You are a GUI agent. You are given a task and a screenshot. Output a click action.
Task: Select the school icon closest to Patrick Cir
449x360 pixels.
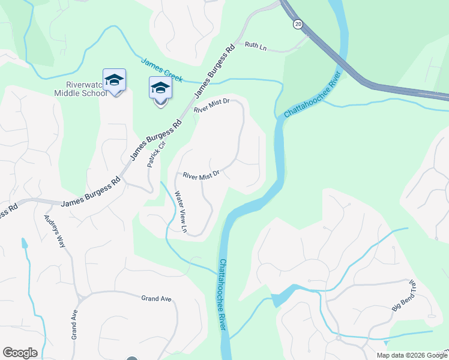[x=160, y=89]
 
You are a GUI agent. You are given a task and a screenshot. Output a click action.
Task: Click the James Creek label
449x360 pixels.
[x=162, y=70]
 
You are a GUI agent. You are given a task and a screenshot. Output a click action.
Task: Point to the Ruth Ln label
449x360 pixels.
[x=255, y=44]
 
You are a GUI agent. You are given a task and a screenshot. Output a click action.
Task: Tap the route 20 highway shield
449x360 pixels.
[x=298, y=24]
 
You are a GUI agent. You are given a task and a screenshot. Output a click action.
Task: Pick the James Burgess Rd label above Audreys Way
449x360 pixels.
[x=90, y=191]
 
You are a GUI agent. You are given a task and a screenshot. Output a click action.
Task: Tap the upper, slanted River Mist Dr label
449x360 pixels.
[x=212, y=106]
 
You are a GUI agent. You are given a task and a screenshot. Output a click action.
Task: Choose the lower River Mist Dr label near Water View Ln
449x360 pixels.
[x=201, y=175]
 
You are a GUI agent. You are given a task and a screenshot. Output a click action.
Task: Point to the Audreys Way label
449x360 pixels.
[x=52, y=231]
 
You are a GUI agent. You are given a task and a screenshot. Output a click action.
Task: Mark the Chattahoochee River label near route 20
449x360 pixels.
[x=312, y=94]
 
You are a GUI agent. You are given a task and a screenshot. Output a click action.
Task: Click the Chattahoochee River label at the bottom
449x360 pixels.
[x=222, y=293]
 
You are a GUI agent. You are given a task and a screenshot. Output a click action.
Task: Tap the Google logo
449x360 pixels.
[x=20, y=353]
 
